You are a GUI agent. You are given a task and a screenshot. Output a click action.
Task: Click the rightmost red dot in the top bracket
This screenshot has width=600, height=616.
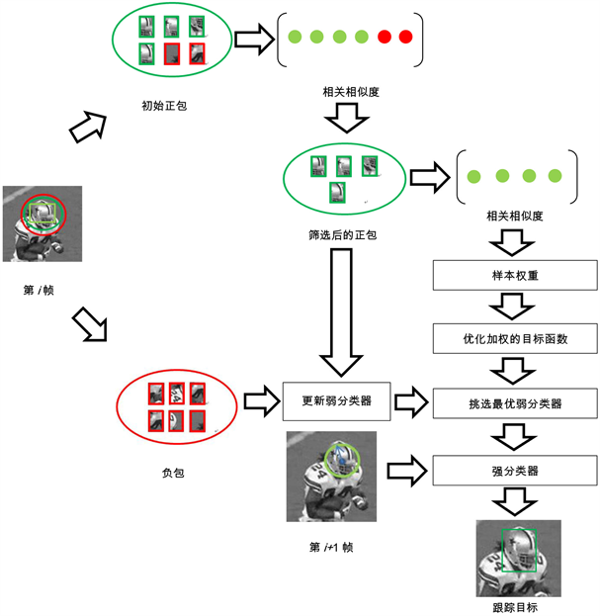(x=405, y=38)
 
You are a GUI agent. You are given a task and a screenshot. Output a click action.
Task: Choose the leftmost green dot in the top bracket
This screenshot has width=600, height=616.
(x=295, y=38)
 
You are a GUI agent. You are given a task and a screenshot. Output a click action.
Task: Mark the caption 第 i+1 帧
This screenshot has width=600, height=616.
(x=331, y=546)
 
